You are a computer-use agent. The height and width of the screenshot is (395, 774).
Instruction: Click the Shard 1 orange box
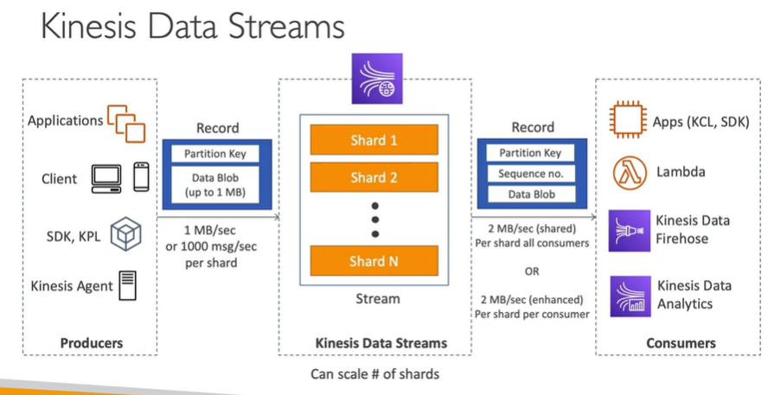374,140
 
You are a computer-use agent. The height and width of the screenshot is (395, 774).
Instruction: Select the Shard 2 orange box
374,178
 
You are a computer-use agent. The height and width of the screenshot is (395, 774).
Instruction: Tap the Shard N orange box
374,259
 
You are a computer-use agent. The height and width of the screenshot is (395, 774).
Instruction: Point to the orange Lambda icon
625,172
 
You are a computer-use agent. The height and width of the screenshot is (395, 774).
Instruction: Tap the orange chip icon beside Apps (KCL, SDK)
627,122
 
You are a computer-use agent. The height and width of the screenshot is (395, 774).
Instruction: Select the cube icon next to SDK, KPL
125,233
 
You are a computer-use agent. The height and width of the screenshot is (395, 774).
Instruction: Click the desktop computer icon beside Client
107,178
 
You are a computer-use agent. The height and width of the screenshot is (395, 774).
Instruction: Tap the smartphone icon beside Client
141,177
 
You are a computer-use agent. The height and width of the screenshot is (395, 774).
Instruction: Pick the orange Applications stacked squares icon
126,122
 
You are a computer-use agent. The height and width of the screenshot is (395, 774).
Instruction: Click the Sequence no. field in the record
530,174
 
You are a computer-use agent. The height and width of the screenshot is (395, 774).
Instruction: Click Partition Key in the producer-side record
215,154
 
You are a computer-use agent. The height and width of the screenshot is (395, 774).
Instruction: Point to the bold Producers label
91,343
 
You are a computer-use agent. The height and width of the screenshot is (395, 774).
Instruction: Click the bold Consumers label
681,343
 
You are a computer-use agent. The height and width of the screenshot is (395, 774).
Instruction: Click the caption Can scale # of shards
374,375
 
